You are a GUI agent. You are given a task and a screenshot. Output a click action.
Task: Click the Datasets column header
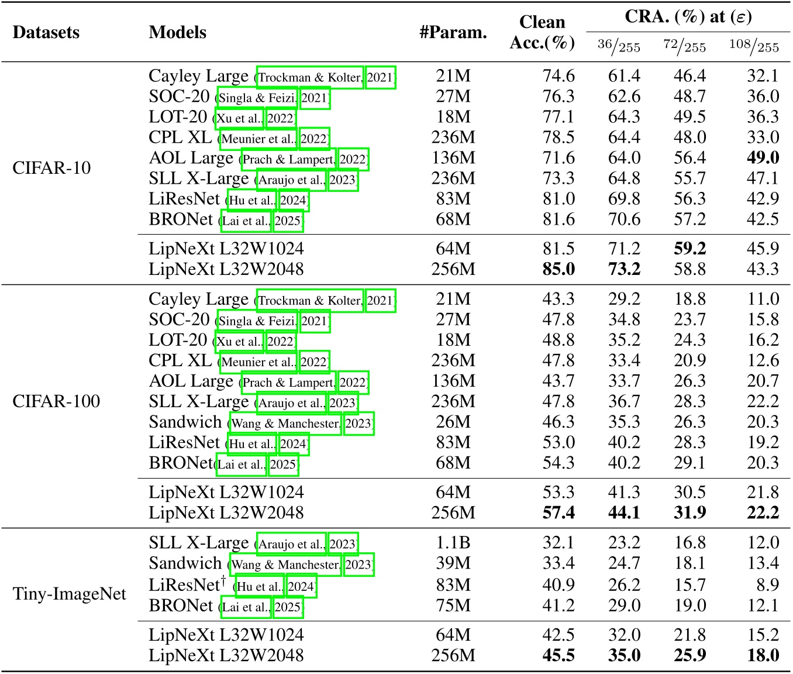click(x=46, y=32)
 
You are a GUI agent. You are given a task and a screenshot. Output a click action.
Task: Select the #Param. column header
click(x=453, y=32)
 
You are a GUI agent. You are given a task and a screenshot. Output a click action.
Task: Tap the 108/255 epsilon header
click(x=754, y=46)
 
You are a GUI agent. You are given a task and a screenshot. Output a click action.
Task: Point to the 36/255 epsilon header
click(x=619, y=46)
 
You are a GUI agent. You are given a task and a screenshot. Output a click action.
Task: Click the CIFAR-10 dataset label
click(x=51, y=168)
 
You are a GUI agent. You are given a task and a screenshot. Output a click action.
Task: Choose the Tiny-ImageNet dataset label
click(x=70, y=594)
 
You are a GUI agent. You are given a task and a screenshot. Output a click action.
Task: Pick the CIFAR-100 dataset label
click(x=56, y=401)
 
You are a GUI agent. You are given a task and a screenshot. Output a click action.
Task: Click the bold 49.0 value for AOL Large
click(x=763, y=158)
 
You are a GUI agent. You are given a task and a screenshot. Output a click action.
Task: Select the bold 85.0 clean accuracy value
click(x=558, y=269)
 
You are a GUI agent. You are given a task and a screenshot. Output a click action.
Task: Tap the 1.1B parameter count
click(x=453, y=543)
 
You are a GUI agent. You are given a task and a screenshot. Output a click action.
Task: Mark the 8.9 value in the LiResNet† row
click(x=767, y=585)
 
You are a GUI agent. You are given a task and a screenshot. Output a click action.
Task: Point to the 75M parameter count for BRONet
click(x=453, y=606)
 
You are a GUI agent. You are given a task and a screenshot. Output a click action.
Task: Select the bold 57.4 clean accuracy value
click(x=558, y=513)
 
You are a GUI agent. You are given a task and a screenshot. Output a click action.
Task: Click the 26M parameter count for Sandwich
click(x=453, y=422)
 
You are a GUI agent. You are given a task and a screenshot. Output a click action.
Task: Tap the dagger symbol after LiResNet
click(x=223, y=580)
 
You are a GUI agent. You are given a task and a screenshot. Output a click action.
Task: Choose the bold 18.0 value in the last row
click(x=763, y=655)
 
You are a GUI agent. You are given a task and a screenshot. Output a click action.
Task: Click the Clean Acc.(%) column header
click(x=542, y=32)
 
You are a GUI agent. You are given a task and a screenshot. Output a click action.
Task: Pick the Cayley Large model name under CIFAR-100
click(x=198, y=300)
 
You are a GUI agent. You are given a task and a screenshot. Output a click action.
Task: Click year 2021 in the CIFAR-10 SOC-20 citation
click(x=315, y=97)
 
